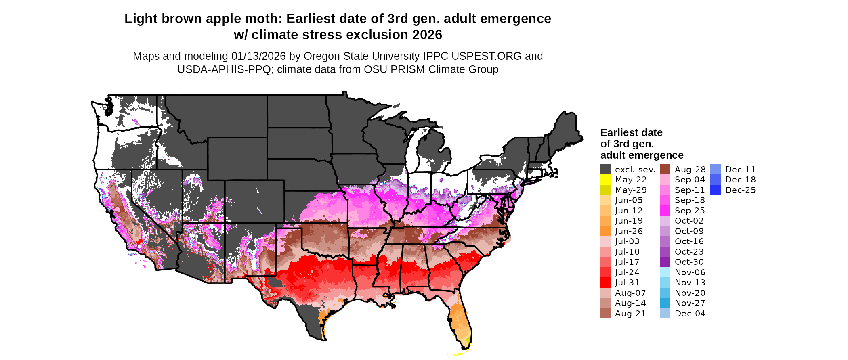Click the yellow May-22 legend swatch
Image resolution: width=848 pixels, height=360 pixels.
(x=605, y=180)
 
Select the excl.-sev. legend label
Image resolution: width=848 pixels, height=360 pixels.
(x=635, y=170)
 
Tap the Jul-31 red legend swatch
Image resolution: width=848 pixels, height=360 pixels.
(x=605, y=283)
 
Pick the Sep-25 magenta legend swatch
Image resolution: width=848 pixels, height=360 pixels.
(x=665, y=211)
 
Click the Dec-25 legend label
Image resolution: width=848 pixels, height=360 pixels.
(x=740, y=190)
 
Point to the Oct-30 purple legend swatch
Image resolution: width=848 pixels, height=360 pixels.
(x=665, y=262)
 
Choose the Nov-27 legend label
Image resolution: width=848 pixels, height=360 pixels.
(x=690, y=303)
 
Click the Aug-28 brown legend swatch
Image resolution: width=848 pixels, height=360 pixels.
(x=665, y=170)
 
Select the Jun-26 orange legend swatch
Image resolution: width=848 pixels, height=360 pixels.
(x=605, y=231)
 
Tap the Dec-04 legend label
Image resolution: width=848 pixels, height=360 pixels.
(x=690, y=314)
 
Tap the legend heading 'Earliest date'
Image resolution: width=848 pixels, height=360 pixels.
(x=631, y=132)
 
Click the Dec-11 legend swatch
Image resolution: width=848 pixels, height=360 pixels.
(x=715, y=170)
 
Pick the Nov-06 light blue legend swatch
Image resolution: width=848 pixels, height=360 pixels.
(x=665, y=272)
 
